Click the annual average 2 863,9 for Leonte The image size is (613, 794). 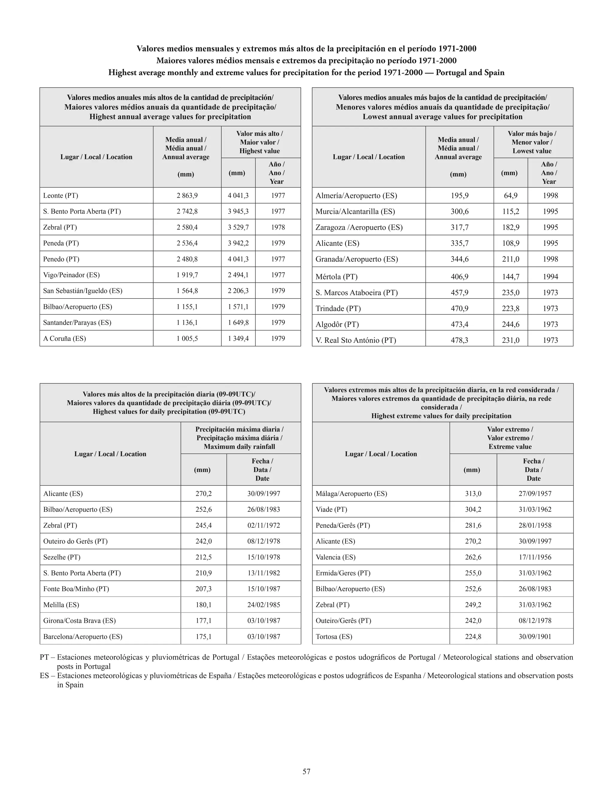(x=187, y=196)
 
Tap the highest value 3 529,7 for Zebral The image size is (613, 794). (x=238, y=227)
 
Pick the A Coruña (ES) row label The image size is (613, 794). (x=64, y=339)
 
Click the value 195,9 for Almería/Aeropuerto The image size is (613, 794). (x=459, y=196)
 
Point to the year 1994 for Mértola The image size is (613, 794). (x=550, y=277)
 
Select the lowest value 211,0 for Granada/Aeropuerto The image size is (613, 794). (x=510, y=259)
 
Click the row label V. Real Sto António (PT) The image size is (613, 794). (x=355, y=340)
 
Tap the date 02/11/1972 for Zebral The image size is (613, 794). (x=263, y=525)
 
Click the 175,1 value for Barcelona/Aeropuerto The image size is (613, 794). (x=203, y=637)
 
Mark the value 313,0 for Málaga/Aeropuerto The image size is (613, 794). (x=473, y=494)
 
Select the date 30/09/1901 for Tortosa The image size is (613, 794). (x=535, y=637)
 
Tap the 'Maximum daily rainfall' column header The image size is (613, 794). (x=239, y=446)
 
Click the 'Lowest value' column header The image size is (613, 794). (x=532, y=151)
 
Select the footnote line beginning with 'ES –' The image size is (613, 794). (x=306, y=676)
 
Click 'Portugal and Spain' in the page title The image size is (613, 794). (x=470, y=72)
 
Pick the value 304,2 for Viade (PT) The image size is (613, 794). (x=473, y=509)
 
